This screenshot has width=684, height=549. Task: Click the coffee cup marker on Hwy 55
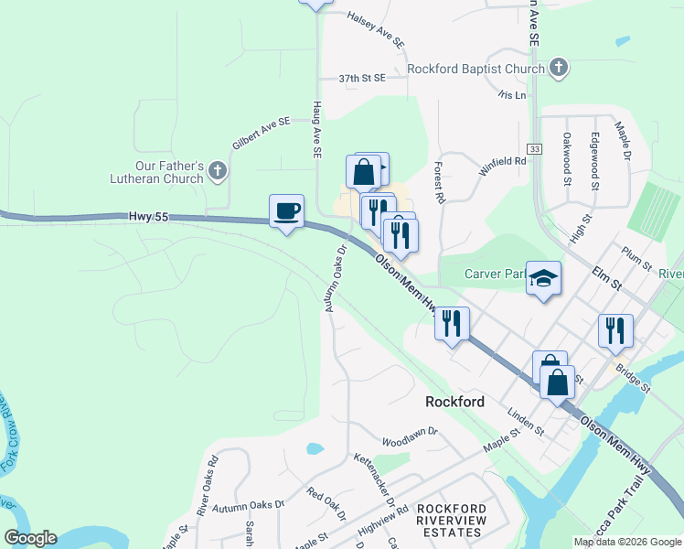pyautogui.click(x=286, y=211)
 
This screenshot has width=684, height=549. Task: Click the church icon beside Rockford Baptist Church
pyautogui.click(x=559, y=69)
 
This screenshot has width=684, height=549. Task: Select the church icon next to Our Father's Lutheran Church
pyautogui.click(x=217, y=171)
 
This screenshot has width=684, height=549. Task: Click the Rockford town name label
pyautogui.click(x=454, y=401)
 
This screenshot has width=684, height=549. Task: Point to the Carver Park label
pyautogui.click(x=493, y=273)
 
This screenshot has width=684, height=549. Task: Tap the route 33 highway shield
pyautogui.click(x=534, y=148)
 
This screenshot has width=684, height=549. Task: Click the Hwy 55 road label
pyautogui.click(x=150, y=216)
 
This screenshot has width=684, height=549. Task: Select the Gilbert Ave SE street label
pyautogui.click(x=261, y=133)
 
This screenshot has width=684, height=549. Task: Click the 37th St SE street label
pyautogui.click(x=361, y=79)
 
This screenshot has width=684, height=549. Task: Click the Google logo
pyautogui.click(x=30, y=538)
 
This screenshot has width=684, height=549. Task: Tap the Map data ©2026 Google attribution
pyautogui.click(x=627, y=542)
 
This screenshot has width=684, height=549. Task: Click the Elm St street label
pyautogui.click(x=606, y=278)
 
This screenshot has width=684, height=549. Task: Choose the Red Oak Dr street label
pyautogui.click(x=327, y=503)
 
